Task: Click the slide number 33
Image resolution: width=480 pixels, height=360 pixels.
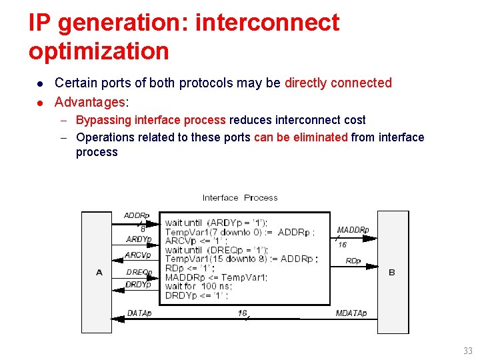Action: coord(467,351)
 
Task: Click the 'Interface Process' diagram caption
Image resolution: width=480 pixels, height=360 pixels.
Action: coord(240,197)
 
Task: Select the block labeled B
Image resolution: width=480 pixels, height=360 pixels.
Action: coord(393,272)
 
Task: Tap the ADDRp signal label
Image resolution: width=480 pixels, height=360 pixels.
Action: coord(137,215)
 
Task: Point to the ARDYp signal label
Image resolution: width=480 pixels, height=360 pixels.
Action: coord(139,239)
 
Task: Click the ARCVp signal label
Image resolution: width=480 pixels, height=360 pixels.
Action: coord(138,255)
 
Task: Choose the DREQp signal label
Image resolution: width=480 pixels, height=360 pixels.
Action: coord(139,272)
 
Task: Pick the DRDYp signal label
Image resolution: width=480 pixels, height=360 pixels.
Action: coord(139,285)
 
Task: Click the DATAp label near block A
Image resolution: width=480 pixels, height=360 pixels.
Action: coord(139,313)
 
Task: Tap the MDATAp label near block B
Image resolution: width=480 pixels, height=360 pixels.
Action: coord(351,313)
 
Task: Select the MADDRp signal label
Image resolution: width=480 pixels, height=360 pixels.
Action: coord(353,230)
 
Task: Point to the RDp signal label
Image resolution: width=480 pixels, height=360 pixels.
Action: coord(353,261)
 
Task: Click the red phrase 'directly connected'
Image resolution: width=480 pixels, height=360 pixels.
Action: coord(338,83)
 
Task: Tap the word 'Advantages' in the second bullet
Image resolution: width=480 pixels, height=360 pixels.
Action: coord(89,102)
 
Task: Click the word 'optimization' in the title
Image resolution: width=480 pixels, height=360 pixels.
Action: coord(99,51)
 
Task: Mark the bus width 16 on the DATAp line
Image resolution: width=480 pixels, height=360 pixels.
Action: coord(243,313)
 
